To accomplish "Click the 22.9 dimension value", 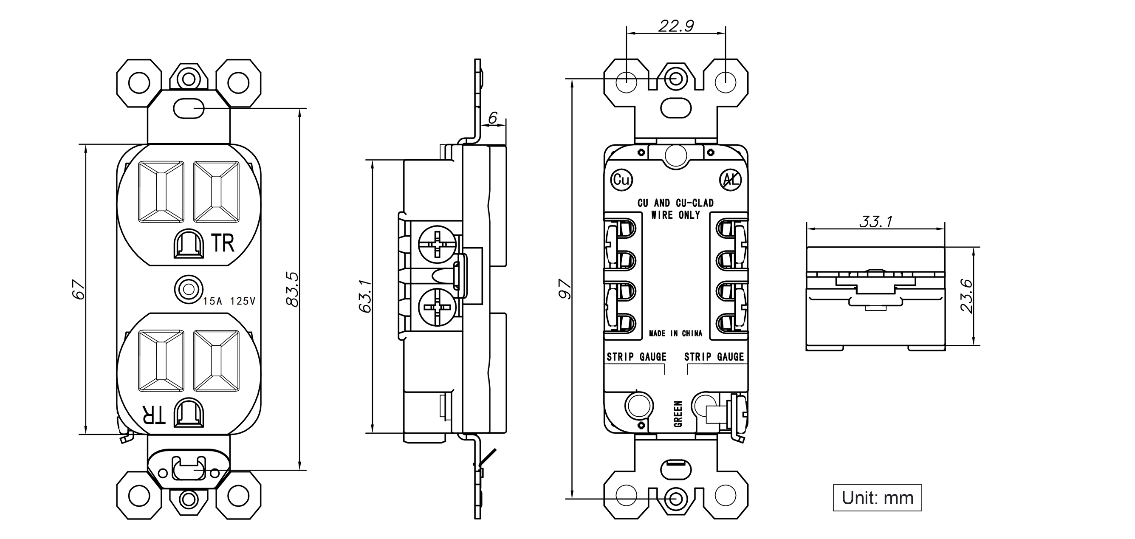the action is pyautogui.click(x=676, y=26).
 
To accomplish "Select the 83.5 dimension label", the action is pyautogui.click(x=292, y=289).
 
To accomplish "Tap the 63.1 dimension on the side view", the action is pyautogui.click(x=365, y=296).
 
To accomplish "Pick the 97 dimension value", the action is pyautogui.click(x=565, y=289).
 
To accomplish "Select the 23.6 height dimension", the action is pyautogui.click(x=966, y=296).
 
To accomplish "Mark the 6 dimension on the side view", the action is pyautogui.click(x=493, y=118).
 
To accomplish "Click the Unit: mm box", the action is pyautogui.click(x=877, y=497).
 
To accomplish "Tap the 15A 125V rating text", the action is pyautogui.click(x=229, y=301).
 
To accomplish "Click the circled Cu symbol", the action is pyautogui.click(x=621, y=179).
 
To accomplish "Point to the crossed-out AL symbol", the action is pyautogui.click(x=730, y=179).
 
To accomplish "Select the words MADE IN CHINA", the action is pyautogui.click(x=675, y=333).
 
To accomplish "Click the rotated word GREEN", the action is pyautogui.click(x=678, y=414).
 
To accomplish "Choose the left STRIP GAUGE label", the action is pyautogui.click(x=636, y=356).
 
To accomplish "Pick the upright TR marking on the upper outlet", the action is pyautogui.click(x=223, y=243).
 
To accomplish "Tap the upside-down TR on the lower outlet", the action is pyautogui.click(x=153, y=414).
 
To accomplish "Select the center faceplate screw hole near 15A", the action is pyautogui.click(x=189, y=290).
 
